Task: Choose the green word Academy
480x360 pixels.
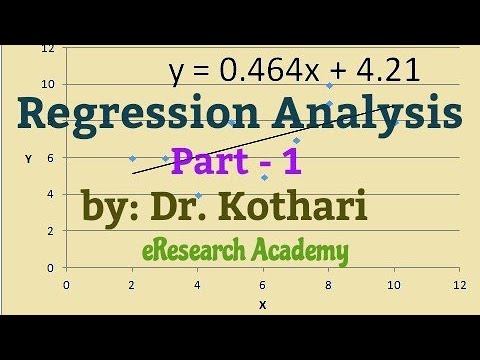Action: [301, 250]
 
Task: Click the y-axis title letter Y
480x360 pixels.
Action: [29, 158]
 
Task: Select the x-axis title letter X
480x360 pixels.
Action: [263, 304]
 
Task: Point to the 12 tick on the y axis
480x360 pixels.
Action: [47, 47]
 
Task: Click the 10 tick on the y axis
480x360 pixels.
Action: [47, 84]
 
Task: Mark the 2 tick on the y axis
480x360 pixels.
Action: [50, 231]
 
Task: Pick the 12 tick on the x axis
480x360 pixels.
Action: [460, 285]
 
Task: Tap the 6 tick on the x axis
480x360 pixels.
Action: [263, 285]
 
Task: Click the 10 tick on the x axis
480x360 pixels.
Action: [394, 285]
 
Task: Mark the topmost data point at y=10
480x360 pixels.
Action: [329, 85]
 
